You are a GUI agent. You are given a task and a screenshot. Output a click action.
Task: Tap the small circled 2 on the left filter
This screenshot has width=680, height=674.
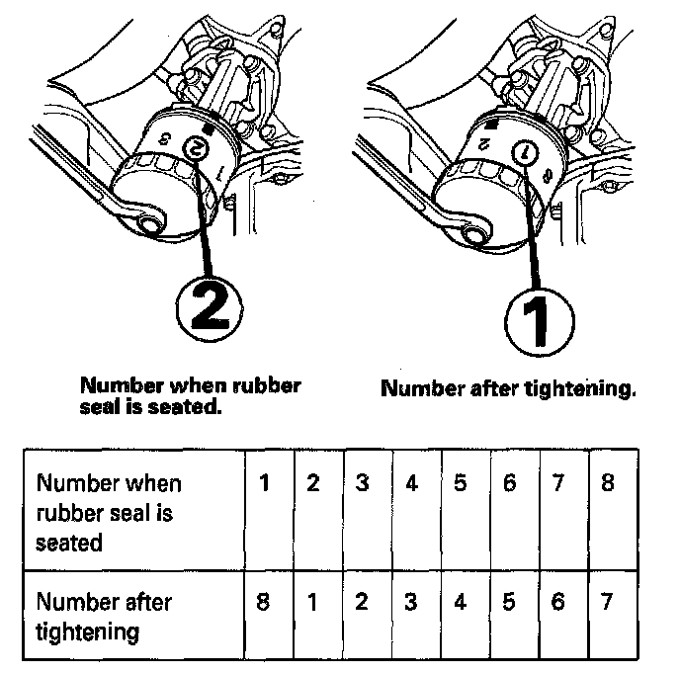[197, 150]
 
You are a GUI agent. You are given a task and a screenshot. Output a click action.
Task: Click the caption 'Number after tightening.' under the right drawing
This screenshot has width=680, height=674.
[508, 388]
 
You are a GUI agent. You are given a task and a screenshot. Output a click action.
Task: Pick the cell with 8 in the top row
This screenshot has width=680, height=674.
[608, 484]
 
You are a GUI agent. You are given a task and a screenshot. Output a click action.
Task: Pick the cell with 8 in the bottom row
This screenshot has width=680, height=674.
[264, 603]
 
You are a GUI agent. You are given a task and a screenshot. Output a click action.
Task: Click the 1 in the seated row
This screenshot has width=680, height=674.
[264, 484]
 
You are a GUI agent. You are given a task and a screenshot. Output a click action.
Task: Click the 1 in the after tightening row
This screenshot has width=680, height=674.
[313, 603]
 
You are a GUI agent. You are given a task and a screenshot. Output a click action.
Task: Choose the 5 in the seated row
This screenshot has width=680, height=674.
[460, 484]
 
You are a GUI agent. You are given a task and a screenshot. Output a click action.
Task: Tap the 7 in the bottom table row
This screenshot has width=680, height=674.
[608, 603]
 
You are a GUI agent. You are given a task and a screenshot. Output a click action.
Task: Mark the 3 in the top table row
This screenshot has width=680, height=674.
[363, 484]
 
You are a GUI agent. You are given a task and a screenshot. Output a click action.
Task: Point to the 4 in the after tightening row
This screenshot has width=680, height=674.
[460, 603]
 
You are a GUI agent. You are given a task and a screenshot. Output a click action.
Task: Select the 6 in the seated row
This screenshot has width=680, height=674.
[509, 484]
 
